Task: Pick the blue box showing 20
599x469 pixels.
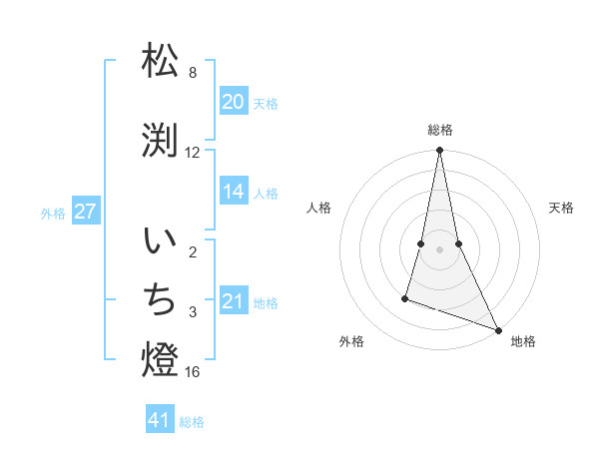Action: pos(234,102)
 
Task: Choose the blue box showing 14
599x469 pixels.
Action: pos(234,193)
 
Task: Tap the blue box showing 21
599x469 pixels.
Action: pos(234,301)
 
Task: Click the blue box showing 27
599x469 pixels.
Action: pos(86,212)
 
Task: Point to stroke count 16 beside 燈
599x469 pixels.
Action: pos(194,372)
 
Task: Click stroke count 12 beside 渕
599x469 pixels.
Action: pos(193,153)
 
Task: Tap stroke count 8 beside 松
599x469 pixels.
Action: pos(193,73)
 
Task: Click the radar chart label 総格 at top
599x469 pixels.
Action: pos(439,130)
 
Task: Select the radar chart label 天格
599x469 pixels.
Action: pos(561,208)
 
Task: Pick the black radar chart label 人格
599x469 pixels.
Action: pos(318,208)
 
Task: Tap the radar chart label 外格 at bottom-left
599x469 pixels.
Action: pos(351,342)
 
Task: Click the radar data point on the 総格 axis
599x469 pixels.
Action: pos(439,151)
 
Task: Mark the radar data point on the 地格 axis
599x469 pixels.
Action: pos(497,330)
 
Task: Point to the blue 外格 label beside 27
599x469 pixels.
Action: pos(53,213)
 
